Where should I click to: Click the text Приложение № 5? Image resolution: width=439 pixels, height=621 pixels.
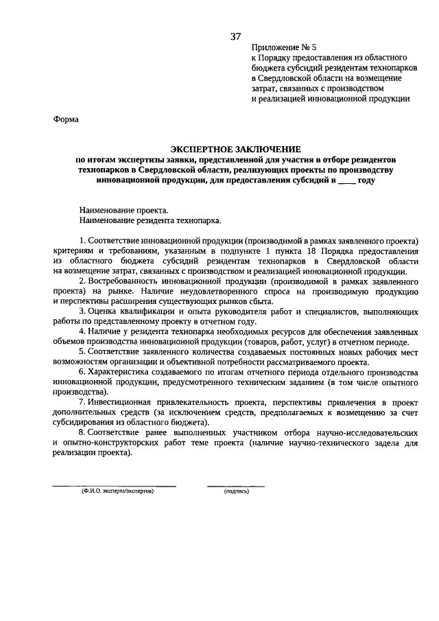pyautogui.click(x=283, y=48)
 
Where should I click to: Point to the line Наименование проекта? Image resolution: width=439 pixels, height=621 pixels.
pyautogui.click(x=123, y=211)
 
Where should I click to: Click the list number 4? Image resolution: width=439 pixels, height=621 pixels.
pyautogui.click(x=82, y=332)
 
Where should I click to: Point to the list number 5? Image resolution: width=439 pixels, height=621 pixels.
pyautogui.click(x=82, y=352)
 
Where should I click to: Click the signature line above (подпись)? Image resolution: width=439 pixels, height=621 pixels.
pyautogui.click(x=236, y=486)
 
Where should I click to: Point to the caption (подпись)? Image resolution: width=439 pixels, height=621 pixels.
pyautogui.click(x=236, y=492)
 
